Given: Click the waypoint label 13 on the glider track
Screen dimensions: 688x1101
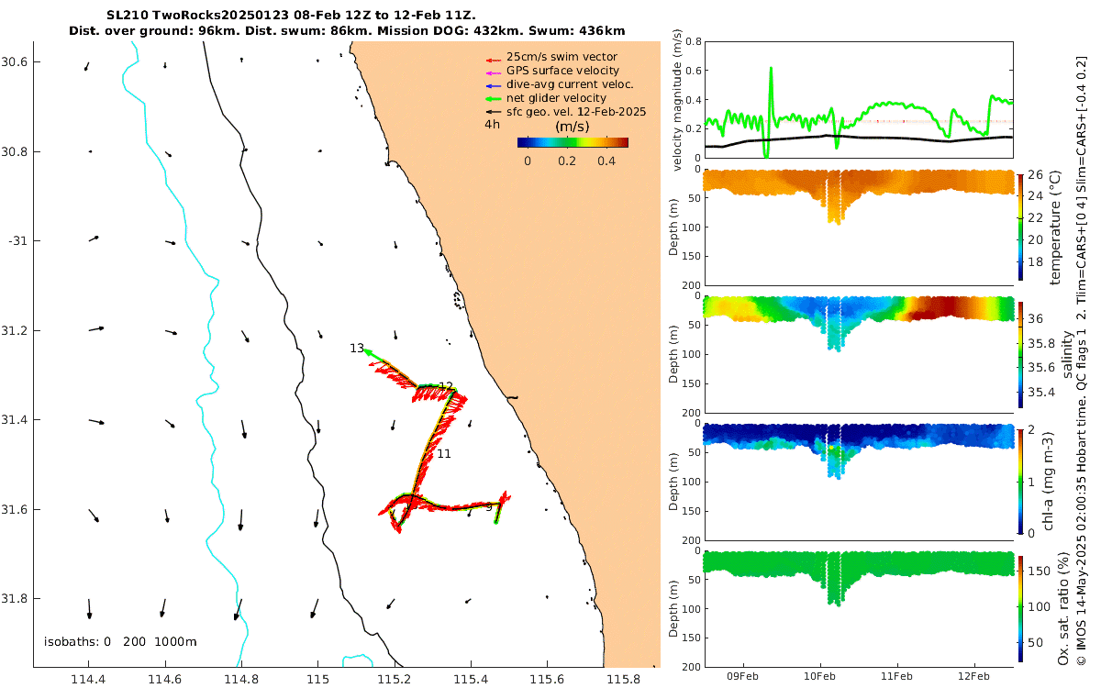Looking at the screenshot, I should click(x=357, y=349).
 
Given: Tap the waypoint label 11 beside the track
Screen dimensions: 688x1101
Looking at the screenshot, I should click(x=444, y=454).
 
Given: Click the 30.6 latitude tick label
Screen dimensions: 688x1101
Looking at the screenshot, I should click(x=16, y=61).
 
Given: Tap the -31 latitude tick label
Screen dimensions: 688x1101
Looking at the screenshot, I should click(x=18, y=240).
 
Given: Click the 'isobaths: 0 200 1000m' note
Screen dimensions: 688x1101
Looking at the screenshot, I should click(x=120, y=642).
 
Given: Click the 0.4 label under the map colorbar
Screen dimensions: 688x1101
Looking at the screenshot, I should click(x=606, y=161).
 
